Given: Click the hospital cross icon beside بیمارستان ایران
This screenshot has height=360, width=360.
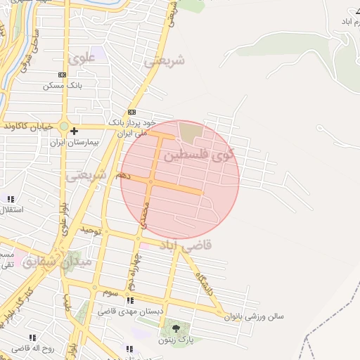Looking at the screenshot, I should coord(74,131).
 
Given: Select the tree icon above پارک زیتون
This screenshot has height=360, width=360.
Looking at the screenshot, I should coord(175,328).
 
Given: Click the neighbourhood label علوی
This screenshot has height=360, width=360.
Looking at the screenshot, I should coord(82,59).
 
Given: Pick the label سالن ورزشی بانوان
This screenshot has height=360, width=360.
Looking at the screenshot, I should coord(254,316).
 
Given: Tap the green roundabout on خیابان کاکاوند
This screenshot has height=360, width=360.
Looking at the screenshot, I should coord(63,127).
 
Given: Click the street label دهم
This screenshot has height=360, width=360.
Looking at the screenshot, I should coord(124,174).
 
